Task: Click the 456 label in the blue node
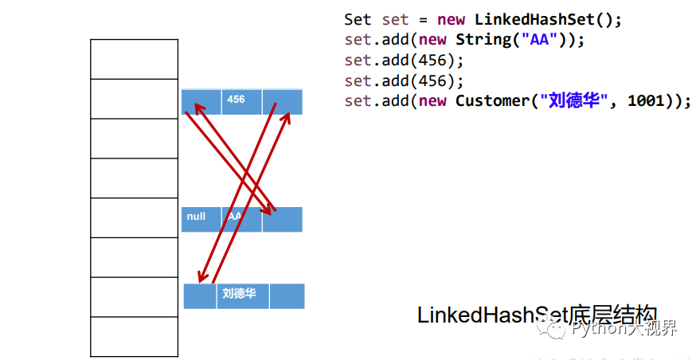click(x=237, y=100)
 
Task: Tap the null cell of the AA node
click(x=196, y=217)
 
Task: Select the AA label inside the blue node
click(x=234, y=217)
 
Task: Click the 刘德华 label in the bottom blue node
click(x=239, y=294)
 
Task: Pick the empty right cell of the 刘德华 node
click(x=287, y=295)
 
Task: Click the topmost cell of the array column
click(x=134, y=59)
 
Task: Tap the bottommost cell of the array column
click(x=134, y=336)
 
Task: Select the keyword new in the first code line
click(x=451, y=19)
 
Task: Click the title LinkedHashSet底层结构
click(x=538, y=315)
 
